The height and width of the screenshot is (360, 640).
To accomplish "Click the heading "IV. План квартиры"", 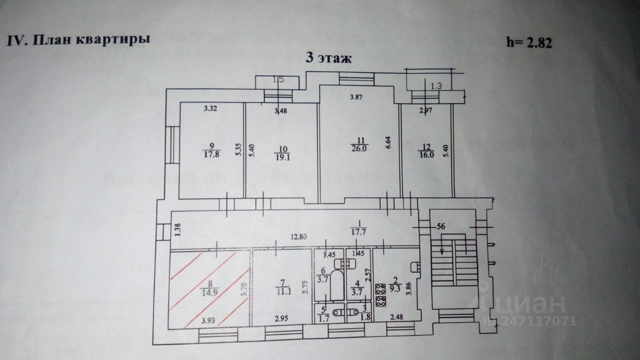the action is click(x=78, y=40).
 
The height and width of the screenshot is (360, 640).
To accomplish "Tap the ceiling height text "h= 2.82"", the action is click(x=529, y=43).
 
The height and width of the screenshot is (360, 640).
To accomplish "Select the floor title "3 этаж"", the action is click(x=329, y=58).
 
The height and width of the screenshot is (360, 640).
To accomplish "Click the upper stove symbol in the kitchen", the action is click(x=380, y=288).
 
